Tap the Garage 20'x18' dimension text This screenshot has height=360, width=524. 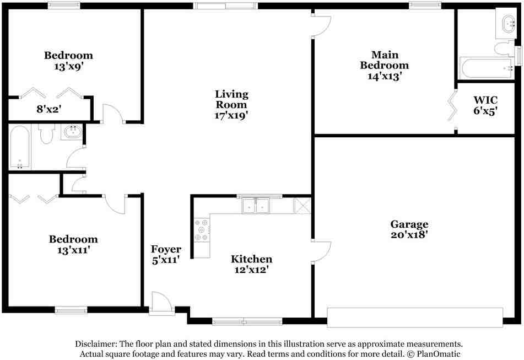pos(409,234)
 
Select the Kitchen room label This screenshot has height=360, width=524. pos(251,259)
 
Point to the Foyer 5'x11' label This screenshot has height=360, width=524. pos(166,255)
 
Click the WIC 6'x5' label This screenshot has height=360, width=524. pos(485,105)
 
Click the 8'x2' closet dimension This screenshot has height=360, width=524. pos(48,109)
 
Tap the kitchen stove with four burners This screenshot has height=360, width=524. pos(202,229)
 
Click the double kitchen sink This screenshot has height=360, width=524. pos(256,206)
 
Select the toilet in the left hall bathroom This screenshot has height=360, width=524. pos(47,133)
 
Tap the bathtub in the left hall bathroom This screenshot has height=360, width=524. pos(20,148)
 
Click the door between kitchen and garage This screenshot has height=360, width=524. pos(320,251)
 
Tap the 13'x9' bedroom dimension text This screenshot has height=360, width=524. pos(68,66)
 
